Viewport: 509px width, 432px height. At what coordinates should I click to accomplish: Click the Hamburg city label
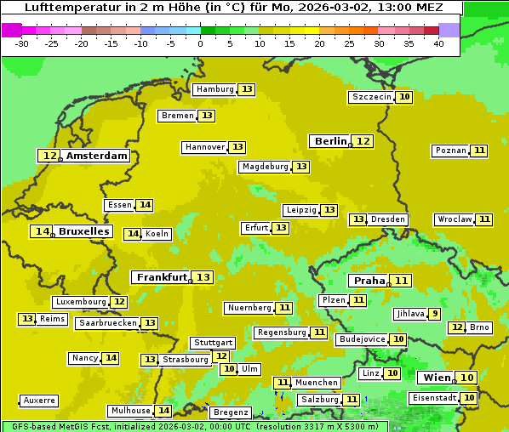214,89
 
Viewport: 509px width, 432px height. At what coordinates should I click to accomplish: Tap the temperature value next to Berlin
363,141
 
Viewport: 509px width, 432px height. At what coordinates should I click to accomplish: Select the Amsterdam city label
97,156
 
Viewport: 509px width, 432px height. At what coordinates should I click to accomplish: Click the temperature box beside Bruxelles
41,231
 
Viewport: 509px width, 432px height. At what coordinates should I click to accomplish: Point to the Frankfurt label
162,277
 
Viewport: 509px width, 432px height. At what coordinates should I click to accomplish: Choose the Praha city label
369,281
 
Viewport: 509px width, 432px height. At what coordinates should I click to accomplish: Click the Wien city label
437,378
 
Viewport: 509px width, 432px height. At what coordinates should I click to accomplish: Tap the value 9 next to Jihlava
435,314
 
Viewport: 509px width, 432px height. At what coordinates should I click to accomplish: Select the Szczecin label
371,97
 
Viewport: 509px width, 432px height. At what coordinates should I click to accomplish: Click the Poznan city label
450,151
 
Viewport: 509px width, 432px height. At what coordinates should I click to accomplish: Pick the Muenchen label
317,383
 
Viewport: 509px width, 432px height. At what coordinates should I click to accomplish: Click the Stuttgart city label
212,343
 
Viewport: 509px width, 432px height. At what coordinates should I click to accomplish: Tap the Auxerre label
39,401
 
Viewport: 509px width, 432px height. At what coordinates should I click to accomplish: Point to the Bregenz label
230,412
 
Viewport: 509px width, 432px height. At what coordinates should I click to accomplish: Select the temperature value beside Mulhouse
164,411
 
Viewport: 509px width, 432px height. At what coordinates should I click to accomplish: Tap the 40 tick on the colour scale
438,43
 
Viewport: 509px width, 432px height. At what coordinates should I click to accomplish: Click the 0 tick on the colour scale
201,43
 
